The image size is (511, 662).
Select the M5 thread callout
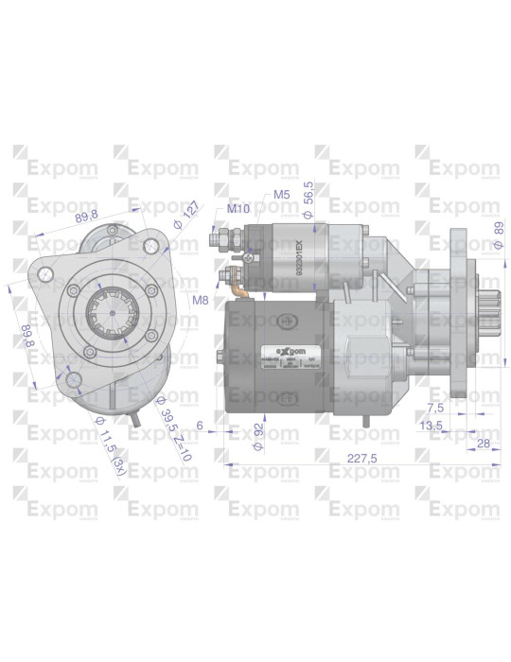click(x=280, y=194)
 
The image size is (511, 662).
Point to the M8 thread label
click(x=200, y=300)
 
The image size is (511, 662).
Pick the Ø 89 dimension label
click(x=498, y=233)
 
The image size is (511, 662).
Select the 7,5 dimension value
click(x=435, y=409)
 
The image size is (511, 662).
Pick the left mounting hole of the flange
click(x=44, y=274)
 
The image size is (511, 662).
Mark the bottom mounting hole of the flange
click(x=72, y=380)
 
